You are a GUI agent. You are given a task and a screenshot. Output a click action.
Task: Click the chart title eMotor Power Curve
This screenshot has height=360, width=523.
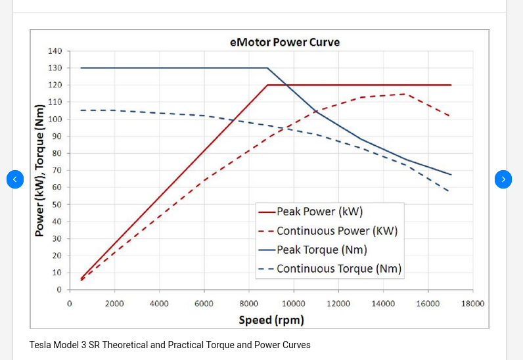click(284, 43)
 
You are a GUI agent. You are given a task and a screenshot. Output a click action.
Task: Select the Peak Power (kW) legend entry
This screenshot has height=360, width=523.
click(319, 212)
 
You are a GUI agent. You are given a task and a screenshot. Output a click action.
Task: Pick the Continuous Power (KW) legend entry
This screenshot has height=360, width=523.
click(336, 231)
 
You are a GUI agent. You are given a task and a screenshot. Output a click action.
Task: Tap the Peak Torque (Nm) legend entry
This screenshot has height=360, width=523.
click(321, 250)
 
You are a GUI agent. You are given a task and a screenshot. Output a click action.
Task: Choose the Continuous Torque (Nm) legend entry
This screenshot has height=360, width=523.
click(338, 269)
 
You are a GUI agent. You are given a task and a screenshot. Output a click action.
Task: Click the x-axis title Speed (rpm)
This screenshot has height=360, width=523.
click(271, 321)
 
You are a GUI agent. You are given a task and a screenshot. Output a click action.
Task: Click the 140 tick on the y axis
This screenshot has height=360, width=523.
click(55, 51)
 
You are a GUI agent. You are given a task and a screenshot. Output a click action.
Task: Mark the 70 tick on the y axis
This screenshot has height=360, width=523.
click(57, 170)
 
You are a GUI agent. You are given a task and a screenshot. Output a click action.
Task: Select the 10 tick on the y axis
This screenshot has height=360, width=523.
click(57, 273)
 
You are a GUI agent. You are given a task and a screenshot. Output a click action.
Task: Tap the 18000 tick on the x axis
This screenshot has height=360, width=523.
click(472, 304)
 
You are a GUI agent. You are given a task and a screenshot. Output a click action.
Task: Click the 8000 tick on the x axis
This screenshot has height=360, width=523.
click(248, 304)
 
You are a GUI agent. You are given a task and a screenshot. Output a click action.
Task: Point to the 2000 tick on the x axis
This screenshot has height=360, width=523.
click(114, 304)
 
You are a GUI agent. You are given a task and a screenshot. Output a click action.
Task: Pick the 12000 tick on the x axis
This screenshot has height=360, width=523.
click(338, 304)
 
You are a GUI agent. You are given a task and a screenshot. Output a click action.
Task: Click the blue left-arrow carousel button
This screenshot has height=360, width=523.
click(15, 179)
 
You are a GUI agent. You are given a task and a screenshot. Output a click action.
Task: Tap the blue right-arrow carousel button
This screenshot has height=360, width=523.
click(503, 179)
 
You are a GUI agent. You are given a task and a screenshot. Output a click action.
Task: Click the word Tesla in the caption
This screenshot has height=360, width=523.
click(41, 345)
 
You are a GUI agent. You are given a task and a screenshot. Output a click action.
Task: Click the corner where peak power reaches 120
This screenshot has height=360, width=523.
click(267, 85)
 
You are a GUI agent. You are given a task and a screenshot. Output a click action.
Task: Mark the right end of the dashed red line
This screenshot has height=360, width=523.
click(450, 117)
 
